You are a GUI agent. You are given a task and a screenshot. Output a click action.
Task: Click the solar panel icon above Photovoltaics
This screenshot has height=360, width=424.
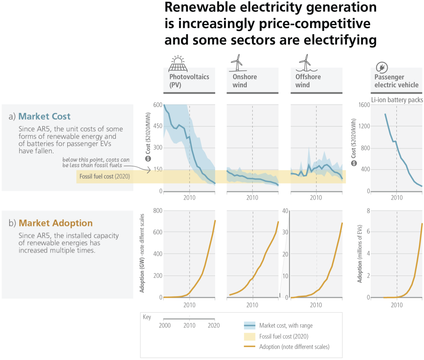coord(178,64)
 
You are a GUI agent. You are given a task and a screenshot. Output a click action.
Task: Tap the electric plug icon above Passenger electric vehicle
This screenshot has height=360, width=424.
coord(382,68)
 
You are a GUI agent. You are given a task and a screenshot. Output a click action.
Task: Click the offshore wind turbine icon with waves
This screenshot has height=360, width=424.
coord(306,63)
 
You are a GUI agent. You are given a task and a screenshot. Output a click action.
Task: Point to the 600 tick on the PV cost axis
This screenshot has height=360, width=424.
coord(158,105)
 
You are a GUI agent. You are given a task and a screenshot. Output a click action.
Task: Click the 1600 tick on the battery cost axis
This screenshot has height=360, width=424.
coord(364,105)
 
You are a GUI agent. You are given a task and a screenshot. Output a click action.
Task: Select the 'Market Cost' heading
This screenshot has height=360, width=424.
coord(44,116)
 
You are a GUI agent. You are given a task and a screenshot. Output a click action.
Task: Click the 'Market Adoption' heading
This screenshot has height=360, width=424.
coord(56,223)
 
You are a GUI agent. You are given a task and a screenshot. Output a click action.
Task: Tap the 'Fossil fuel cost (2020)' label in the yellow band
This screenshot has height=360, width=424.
coord(104,177)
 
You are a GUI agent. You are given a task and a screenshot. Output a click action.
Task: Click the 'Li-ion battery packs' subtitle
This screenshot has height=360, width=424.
coord(397,100)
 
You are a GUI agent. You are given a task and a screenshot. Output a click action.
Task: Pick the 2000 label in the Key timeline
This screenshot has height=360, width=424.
coord(165,326)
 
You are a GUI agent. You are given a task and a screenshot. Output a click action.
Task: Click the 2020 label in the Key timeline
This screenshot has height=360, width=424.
coord(213,326)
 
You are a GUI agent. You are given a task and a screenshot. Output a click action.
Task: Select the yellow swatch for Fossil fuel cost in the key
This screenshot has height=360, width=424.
coord(250,336)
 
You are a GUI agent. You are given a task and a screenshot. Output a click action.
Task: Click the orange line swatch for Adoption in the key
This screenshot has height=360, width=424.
coord(250,347)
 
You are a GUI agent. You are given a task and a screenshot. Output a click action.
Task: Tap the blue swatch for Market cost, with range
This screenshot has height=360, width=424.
coord(250,326)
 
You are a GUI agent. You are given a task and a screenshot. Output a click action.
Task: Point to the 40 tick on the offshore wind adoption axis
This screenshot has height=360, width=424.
coord(285,211)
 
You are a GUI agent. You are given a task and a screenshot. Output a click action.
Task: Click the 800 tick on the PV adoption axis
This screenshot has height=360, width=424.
coord(158,211)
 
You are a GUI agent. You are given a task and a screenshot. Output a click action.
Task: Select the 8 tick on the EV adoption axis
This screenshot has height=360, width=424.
coord(368,211)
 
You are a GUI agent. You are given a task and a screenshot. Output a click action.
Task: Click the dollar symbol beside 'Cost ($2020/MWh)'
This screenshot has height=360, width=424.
coord(148,159)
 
